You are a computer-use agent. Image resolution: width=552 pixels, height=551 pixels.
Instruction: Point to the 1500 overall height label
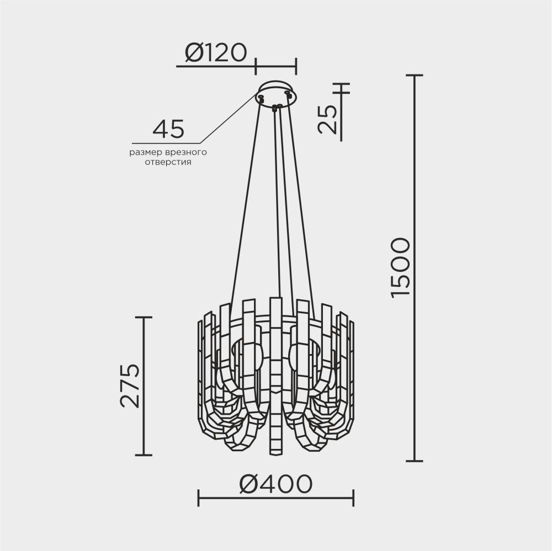pyautogui.click(x=400, y=268)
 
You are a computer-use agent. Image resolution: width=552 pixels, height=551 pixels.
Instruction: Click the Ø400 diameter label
pyautogui.click(x=276, y=484)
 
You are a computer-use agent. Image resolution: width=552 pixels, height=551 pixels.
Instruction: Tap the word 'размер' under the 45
pyautogui.click(x=145, y=152)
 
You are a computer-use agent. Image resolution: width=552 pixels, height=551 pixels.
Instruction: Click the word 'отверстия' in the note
pyautogui.click(x=168, y=163)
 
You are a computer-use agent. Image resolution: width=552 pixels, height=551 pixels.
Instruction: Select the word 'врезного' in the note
pyautogui.click(x=184, y=152)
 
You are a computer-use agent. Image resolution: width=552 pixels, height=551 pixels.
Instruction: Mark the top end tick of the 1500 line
pyautogui.click(x=414, y=75)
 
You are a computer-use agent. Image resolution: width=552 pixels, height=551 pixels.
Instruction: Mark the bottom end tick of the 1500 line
pyautogui.click(x=414, y=461)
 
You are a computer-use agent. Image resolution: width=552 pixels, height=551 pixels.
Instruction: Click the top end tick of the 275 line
pyautogui.click(x=144, y=318)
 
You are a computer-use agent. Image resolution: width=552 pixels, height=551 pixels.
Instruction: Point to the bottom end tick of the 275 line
pyautogui.click(x=144, y=455)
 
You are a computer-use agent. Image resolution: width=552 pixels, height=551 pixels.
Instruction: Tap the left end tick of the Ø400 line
pyautogui.click(x=199, y=497)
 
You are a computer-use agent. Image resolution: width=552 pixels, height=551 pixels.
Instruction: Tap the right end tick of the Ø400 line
pyautogui.click(x=353, y=497)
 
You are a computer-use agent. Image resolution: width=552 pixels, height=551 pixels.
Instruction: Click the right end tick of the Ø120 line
pyautogui.click(x=296, y=66)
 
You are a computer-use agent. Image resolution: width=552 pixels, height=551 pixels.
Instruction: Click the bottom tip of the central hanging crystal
pyautogui.click(x=275, y=454)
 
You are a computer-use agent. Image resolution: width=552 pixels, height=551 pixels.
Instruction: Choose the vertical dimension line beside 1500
pyautogui.click(x=414, y=359)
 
